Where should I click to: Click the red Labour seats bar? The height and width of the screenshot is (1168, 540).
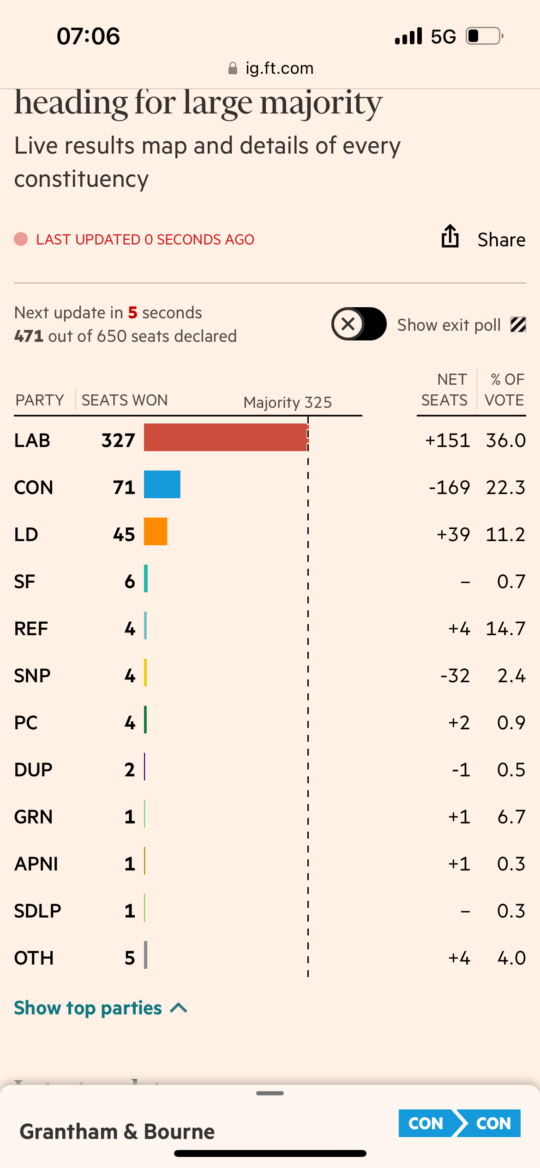click(225, 437)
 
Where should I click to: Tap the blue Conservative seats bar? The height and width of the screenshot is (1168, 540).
click(162, 484)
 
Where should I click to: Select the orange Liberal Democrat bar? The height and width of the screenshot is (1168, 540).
click(156, 531)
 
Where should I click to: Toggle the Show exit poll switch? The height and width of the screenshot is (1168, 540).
click(359, 324)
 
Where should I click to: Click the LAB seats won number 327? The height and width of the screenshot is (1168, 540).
click(118, 441)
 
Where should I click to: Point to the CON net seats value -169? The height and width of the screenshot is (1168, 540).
click(449, 488)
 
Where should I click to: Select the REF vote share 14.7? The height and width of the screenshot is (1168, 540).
click(505, 629)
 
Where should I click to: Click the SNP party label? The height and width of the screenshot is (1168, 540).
click(32, 676)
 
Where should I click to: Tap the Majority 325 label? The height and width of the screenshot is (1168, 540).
click(288, 402)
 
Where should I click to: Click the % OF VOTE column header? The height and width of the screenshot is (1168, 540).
click(504, 390)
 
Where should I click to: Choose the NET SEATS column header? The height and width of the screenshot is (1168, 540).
click(444, 390)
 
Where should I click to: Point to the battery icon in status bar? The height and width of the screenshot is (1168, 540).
click(484, 36)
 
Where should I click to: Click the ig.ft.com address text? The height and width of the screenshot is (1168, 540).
click(279, 68)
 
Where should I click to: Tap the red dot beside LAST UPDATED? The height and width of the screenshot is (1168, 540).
click(21, 239)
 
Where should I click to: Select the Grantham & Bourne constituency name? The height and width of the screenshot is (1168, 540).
click(117, 1132)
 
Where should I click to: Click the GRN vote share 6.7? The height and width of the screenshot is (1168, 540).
click(511, 817)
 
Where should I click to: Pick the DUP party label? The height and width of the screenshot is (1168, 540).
click(33, 770)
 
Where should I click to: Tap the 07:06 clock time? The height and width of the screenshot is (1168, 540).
click(88, 36)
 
